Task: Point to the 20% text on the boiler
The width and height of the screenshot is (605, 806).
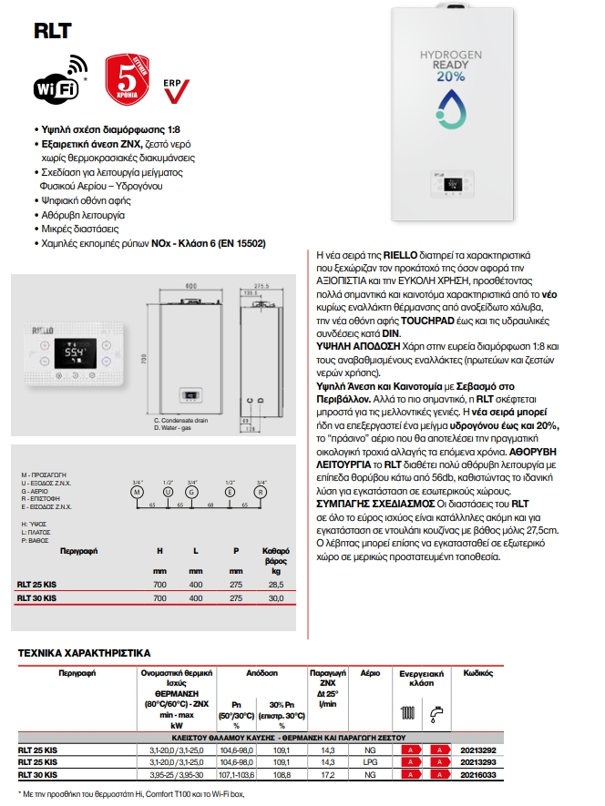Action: pyautogui.click(x=450, y=76)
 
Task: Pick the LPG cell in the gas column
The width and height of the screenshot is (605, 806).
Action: pyautogui.click(x=371, y=761)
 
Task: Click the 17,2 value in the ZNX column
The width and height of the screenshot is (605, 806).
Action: pyautogui.click(x=328, y=774)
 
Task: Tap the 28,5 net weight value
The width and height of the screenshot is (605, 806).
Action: pyautogui.click(x=274, y=584)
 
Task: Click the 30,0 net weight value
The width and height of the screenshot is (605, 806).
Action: pyautogui.click(x=274, y=598)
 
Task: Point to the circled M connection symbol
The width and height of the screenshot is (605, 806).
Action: pyautogui.click(x=138, y=491)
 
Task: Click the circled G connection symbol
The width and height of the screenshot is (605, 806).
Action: pyautogui.click(x=192, y=491)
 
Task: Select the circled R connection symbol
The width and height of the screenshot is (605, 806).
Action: pyautogui.click(x=261, y=491)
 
